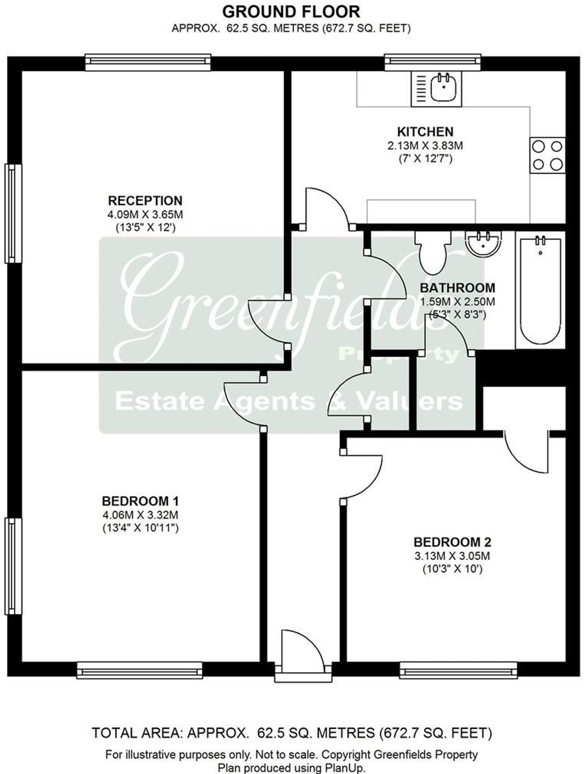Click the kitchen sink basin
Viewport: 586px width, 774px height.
443,88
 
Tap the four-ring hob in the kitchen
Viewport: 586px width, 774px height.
547,155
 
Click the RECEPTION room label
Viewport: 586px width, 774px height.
145,201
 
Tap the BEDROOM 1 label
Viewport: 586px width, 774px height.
140,502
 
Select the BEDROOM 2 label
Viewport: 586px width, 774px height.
452,542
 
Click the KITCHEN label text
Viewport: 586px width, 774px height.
425,132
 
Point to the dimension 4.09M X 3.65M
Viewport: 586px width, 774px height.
145,215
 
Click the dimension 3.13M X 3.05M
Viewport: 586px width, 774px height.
452,556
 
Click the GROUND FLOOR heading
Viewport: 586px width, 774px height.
291,12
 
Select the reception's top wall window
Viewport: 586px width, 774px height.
148,62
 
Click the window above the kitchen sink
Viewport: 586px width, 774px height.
432,62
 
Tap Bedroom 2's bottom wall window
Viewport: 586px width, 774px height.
458,670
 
